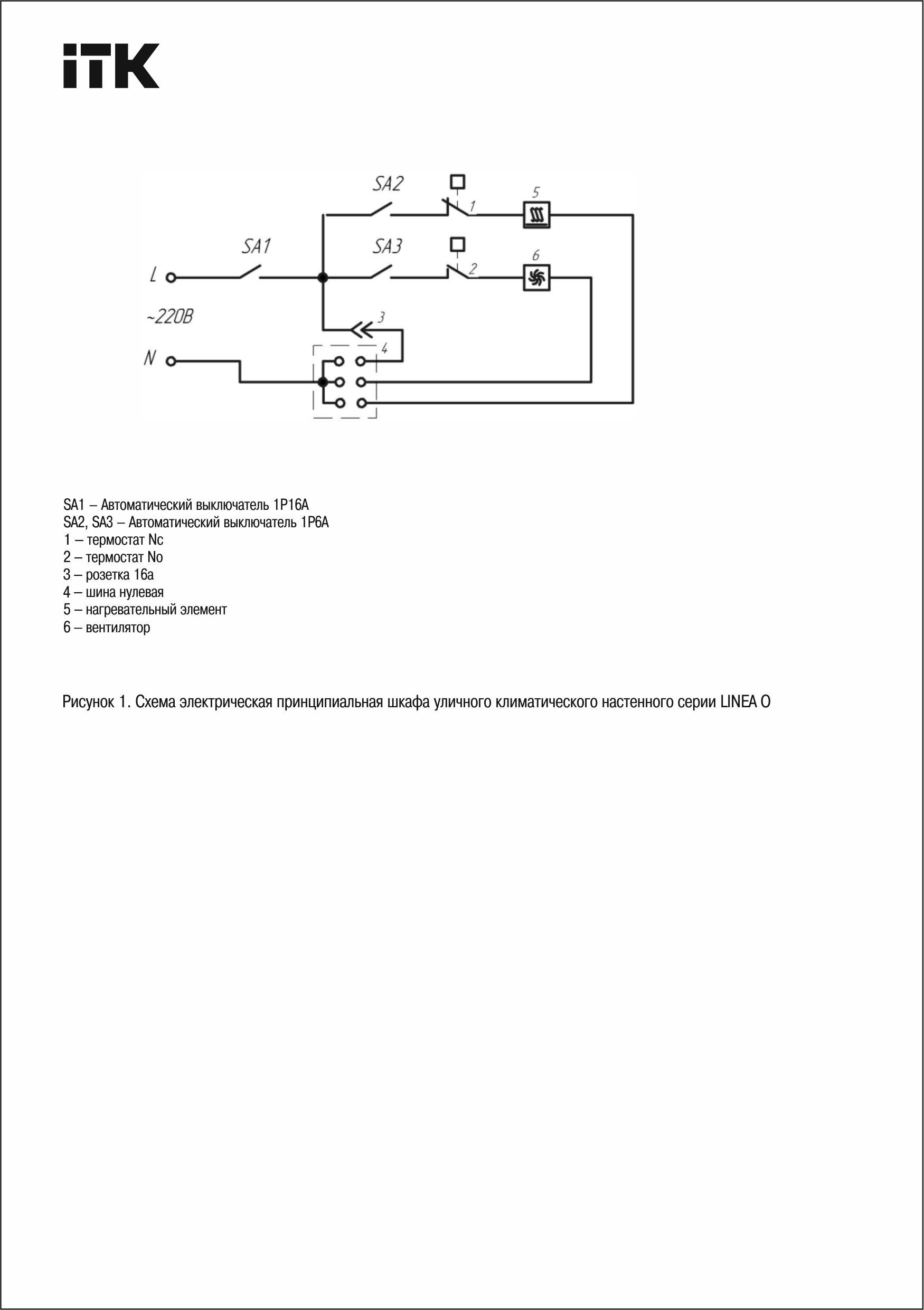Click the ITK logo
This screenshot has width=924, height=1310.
point(111,65)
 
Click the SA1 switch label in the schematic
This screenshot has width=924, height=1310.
point(256,246)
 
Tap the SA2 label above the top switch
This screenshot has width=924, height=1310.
point(388,184)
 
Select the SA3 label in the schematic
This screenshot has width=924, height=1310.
point(388,246)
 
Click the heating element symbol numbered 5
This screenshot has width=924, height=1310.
point(536,215)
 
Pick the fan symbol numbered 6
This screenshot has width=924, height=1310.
point(536,278)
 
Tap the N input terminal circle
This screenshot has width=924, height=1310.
point(171,361)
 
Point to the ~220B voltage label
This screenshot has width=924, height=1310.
point(169,316)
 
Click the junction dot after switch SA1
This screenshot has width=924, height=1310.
point(323,278)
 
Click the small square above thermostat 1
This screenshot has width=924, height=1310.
point(457,182)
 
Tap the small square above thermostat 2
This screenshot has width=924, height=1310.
point(457,245)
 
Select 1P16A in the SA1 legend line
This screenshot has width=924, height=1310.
point(290,505)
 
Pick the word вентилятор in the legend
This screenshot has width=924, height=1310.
point(118,628)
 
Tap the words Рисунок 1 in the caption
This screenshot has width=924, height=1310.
point(93,702)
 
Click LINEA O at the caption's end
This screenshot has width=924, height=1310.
point(745,702)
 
